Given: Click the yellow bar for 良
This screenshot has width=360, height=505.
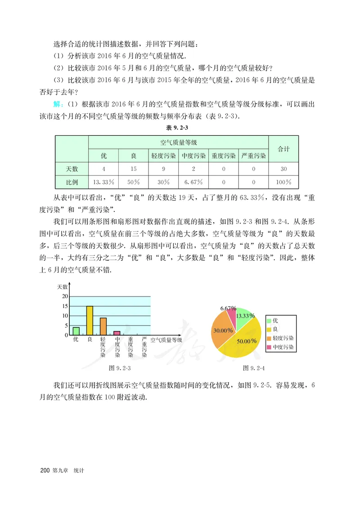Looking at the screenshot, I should pos(90,321).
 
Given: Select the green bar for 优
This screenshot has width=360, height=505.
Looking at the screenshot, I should pos(76,331).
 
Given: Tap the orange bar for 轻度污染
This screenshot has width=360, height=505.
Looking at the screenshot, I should pos(103,326).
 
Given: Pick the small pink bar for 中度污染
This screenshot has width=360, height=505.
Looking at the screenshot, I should pos(117,333).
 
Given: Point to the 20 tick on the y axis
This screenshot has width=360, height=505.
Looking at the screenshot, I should pos(65,296).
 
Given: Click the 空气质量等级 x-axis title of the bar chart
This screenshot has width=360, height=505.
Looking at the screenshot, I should pos(166,340).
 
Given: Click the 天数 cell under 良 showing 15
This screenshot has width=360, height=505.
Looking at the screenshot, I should pos(133,169).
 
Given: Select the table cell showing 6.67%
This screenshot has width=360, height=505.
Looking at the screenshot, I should pos(193,183).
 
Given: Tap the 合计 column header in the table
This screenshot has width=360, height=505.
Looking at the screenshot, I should pos(283,149).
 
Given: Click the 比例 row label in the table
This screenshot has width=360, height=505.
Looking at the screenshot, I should pos(72,183).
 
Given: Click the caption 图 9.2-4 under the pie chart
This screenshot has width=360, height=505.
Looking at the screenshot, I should pos(253,368).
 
